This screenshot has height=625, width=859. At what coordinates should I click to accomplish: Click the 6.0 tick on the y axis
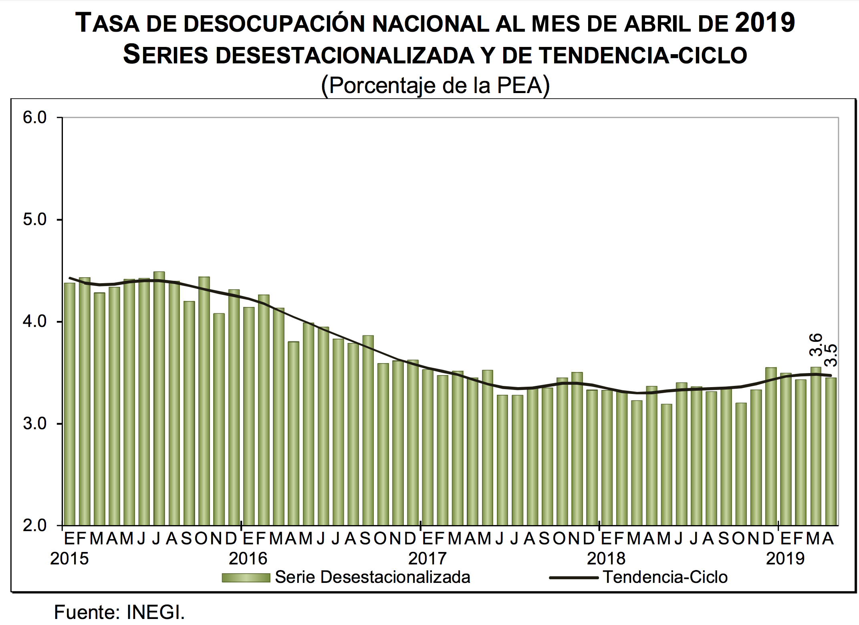click(35, 118)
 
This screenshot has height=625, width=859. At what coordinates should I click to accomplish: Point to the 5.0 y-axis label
click(35, 219)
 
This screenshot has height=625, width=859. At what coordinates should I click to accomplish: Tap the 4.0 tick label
click(35, 321)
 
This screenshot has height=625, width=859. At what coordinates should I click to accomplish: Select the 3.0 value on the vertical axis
click(35, 424)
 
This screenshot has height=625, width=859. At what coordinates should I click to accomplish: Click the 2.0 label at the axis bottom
click(35, 525)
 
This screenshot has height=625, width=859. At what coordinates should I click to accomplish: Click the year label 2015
click(69, 559)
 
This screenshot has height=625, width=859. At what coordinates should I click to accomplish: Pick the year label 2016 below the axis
click(248, 559)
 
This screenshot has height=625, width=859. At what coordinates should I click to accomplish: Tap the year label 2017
click(427, 559)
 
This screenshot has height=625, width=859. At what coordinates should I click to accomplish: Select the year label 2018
click(606, 559)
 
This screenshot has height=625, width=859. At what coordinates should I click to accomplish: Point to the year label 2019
click(785, 559)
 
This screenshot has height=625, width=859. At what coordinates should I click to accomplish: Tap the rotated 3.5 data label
click(831, 355)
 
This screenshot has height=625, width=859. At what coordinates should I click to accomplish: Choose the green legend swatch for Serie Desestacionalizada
click(246, 578)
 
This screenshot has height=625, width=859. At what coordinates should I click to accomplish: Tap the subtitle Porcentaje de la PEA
click(435, 85)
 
